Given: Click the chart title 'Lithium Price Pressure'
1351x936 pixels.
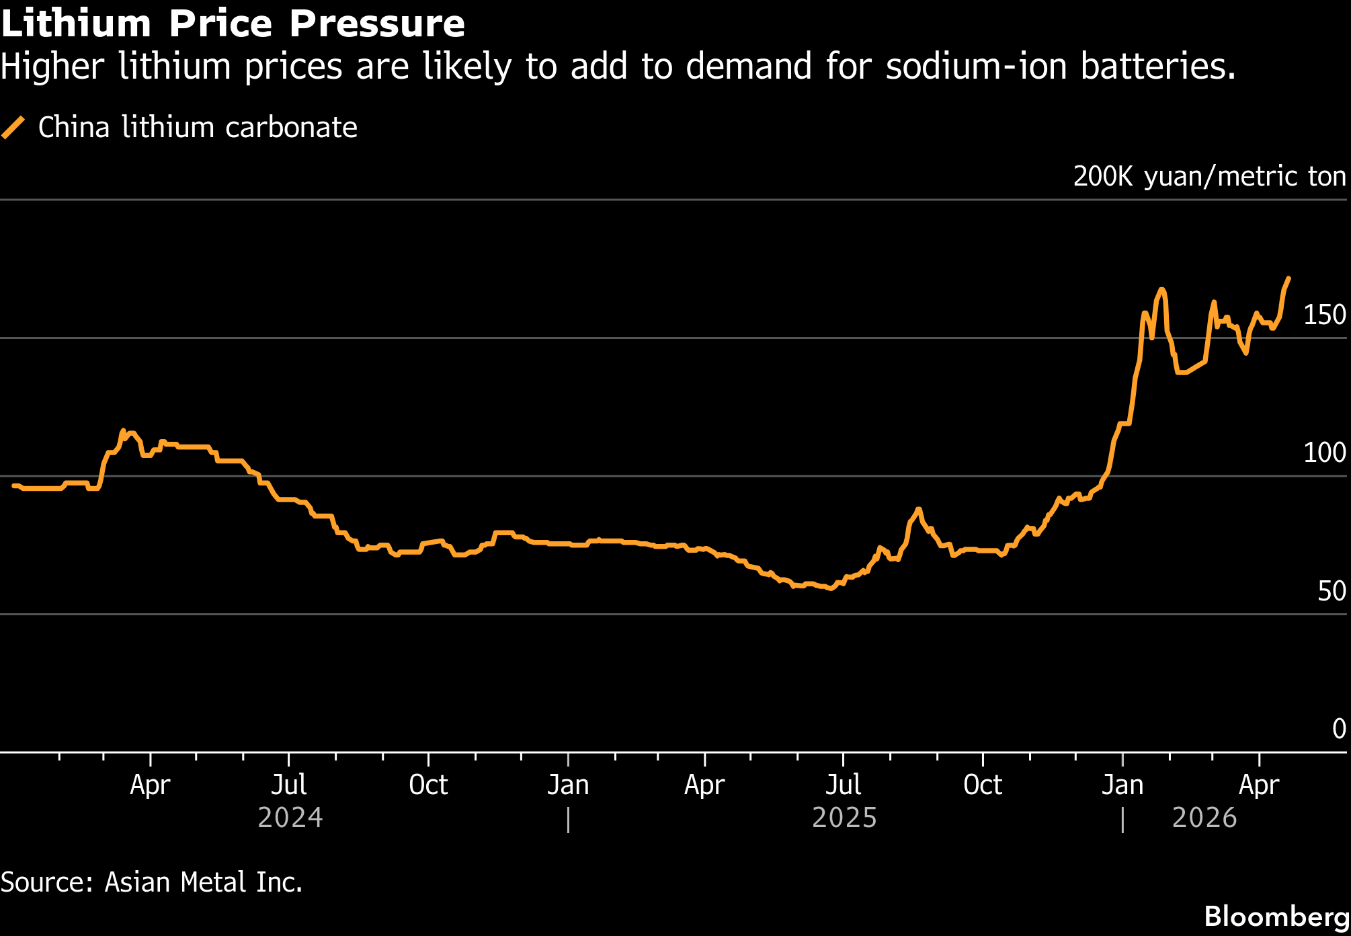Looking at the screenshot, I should click(x=233, y=24).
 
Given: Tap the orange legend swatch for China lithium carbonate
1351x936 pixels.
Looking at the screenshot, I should click(x=13, y=127).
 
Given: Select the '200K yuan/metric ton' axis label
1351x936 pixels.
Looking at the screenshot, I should click(x=1209, y=176).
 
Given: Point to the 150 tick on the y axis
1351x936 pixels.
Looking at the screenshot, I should click(x=1324, y=315).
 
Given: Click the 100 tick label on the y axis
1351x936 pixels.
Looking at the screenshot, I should click(x=1324, y=453).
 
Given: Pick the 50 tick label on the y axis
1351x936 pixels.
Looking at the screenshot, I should click(x=1332, y=591).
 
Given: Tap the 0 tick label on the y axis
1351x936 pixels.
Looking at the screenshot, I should click(x=1339, y=729).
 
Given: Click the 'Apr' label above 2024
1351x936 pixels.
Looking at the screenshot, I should click(x=150, y=785).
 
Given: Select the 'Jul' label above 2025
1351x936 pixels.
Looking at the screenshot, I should click(x=843, y=785).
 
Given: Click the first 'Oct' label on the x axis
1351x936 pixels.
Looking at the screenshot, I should click(x=428, y=785).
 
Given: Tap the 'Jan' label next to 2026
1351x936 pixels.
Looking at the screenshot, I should click(x=1122, y=785).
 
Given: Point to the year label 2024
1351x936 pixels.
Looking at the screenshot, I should click(x=290, y=818).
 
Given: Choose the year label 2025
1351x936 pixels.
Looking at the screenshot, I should click(x=844, y=818).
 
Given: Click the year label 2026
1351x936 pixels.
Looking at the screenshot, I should click(x=1204, y=818).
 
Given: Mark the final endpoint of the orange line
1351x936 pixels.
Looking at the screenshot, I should click(x=1288, y=278).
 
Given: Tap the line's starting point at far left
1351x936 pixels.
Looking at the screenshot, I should click(x=13, y=485).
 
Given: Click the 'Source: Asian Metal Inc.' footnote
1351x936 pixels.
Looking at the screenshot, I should click(x=151, y=882).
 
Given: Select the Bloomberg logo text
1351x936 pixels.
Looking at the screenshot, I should click(x=1276, y=916).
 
